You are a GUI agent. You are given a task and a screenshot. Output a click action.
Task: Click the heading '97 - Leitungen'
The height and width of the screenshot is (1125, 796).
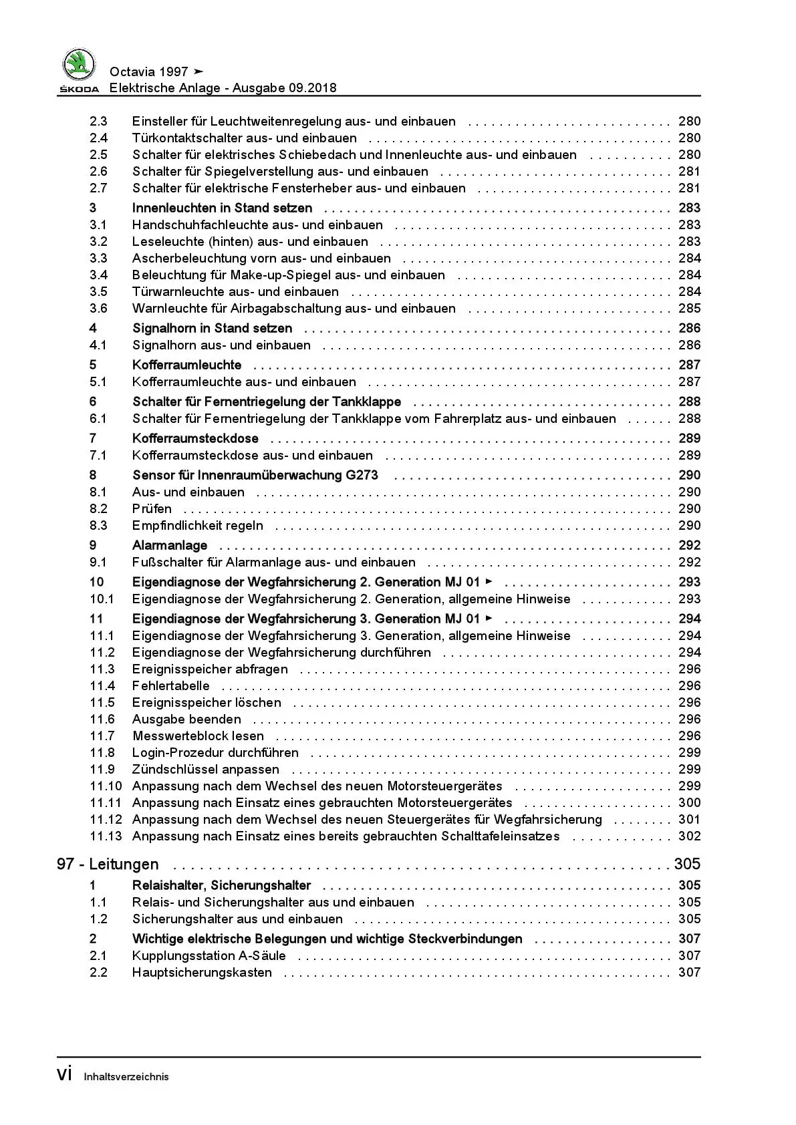tap(108, 864)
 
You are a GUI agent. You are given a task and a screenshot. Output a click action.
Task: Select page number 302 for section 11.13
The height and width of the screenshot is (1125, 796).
tap(689, 836)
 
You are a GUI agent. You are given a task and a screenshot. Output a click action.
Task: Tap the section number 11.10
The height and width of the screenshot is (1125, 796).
tap(106, 786)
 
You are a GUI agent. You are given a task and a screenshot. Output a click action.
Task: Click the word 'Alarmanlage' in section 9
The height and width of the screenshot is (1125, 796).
tap(170, 546)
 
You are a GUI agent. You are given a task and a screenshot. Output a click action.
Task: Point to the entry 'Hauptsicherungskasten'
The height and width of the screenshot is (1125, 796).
tap(202, 973)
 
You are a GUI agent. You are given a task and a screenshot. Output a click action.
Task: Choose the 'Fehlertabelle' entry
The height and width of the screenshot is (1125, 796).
tap(170, 686)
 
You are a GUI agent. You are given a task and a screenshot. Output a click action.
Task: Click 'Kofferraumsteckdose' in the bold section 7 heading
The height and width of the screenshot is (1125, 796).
tap(195, 439)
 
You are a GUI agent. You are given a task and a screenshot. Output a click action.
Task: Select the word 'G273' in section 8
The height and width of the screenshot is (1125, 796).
tap(361, 476)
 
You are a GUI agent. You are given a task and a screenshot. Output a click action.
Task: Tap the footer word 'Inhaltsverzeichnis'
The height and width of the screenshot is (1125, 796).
tap(126, 1077)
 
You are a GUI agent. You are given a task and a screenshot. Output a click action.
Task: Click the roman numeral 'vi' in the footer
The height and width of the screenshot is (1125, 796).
tap(65, 1074)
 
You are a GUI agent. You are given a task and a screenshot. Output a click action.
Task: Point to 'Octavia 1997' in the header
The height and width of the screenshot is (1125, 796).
tap(148, 72)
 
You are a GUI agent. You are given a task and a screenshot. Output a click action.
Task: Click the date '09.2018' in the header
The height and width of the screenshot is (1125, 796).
tap(313, 88)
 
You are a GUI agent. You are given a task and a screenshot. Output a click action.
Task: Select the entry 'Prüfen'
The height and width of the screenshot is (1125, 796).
tap(152, 509)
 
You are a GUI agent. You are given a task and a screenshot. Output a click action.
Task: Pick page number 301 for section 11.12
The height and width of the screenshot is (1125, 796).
tap(689, 820)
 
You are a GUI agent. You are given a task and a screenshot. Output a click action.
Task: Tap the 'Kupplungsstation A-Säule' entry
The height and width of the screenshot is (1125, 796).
tap(209, 956)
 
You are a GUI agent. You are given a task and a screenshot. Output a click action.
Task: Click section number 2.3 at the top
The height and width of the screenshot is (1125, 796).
tap(98, 122)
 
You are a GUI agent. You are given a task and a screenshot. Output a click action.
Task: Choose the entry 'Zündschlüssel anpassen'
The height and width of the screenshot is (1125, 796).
tap(206, 770)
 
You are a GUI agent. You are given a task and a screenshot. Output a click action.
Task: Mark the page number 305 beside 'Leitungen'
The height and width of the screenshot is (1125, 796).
tap(687, 864)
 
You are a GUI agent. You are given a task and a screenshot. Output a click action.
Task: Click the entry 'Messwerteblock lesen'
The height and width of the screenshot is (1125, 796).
tap(198, 736)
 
